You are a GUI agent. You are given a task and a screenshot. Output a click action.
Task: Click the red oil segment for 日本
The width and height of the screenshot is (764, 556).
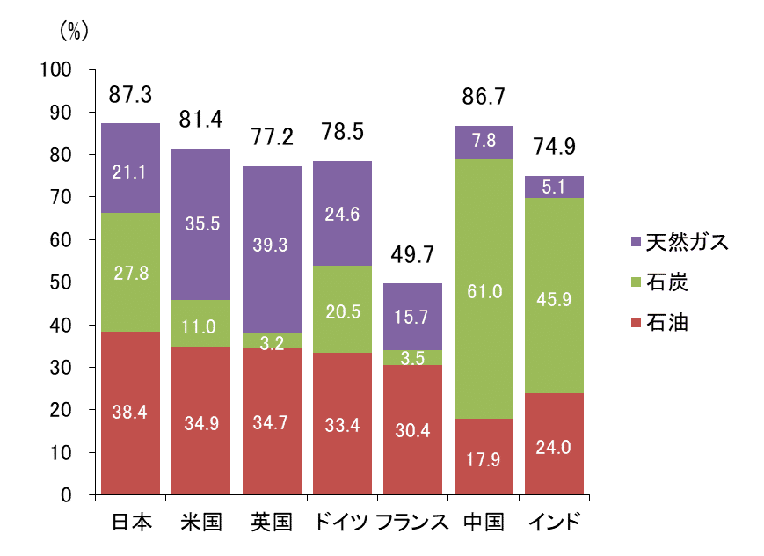pos(130,412)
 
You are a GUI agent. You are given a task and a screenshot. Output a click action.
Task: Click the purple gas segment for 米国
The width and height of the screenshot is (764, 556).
pos(200,224)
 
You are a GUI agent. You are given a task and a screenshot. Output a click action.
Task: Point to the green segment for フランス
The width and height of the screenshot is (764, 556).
pos(413,357)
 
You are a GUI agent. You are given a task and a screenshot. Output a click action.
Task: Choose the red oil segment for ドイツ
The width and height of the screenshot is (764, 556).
pos(342,423)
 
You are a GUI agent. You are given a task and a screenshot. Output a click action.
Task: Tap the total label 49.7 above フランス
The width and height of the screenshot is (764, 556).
pos(413,257)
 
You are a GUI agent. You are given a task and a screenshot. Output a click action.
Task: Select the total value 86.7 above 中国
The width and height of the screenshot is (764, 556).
pos(484,98)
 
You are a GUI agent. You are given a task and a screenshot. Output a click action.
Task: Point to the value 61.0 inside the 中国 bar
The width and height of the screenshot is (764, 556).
pos(484,291)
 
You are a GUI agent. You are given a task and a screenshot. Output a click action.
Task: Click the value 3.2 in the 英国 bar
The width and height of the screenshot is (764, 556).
pos(272,343)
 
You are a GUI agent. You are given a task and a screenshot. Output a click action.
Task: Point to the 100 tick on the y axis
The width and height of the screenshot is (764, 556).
pos(68,70)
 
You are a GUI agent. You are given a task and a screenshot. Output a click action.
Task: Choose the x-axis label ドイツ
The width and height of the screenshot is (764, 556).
pos(342,523)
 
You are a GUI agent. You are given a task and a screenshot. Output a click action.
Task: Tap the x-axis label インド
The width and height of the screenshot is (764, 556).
pos(554,523)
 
